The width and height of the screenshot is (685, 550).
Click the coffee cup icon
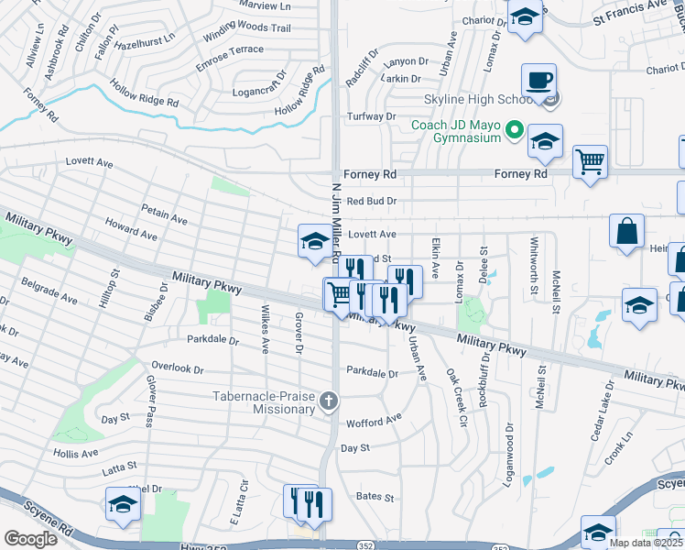coord(538,79)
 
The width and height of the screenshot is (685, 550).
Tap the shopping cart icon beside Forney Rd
coord(591,162)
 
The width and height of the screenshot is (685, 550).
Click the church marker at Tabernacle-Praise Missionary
coord(329,401)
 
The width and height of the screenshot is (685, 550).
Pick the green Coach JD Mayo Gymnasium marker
coord(514,131)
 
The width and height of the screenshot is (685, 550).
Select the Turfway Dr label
coord(371,116)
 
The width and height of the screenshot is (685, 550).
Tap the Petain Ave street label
coord(164,218)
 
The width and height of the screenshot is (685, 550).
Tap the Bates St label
coord(375,498)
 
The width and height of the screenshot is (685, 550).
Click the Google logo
coord(31,538)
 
